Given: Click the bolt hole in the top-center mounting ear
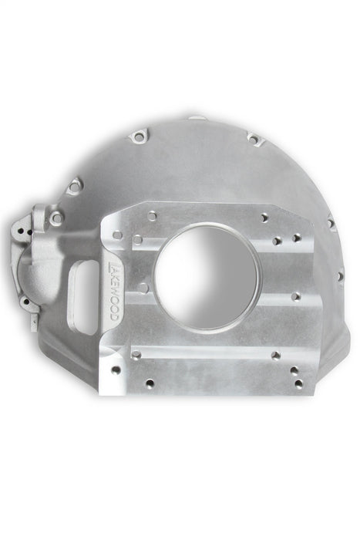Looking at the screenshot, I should point(138,137).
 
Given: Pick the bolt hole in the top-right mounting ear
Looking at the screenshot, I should point(252,140).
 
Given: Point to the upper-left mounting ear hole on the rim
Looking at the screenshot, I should point(75,186).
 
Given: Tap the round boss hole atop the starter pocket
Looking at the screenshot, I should point(56,218).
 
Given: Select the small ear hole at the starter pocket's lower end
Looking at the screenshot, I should point(25,302).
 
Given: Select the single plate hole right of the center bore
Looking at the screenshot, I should point(294,295).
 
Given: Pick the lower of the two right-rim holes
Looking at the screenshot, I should point(338,275).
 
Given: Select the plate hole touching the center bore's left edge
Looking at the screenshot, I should point(143,287).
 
